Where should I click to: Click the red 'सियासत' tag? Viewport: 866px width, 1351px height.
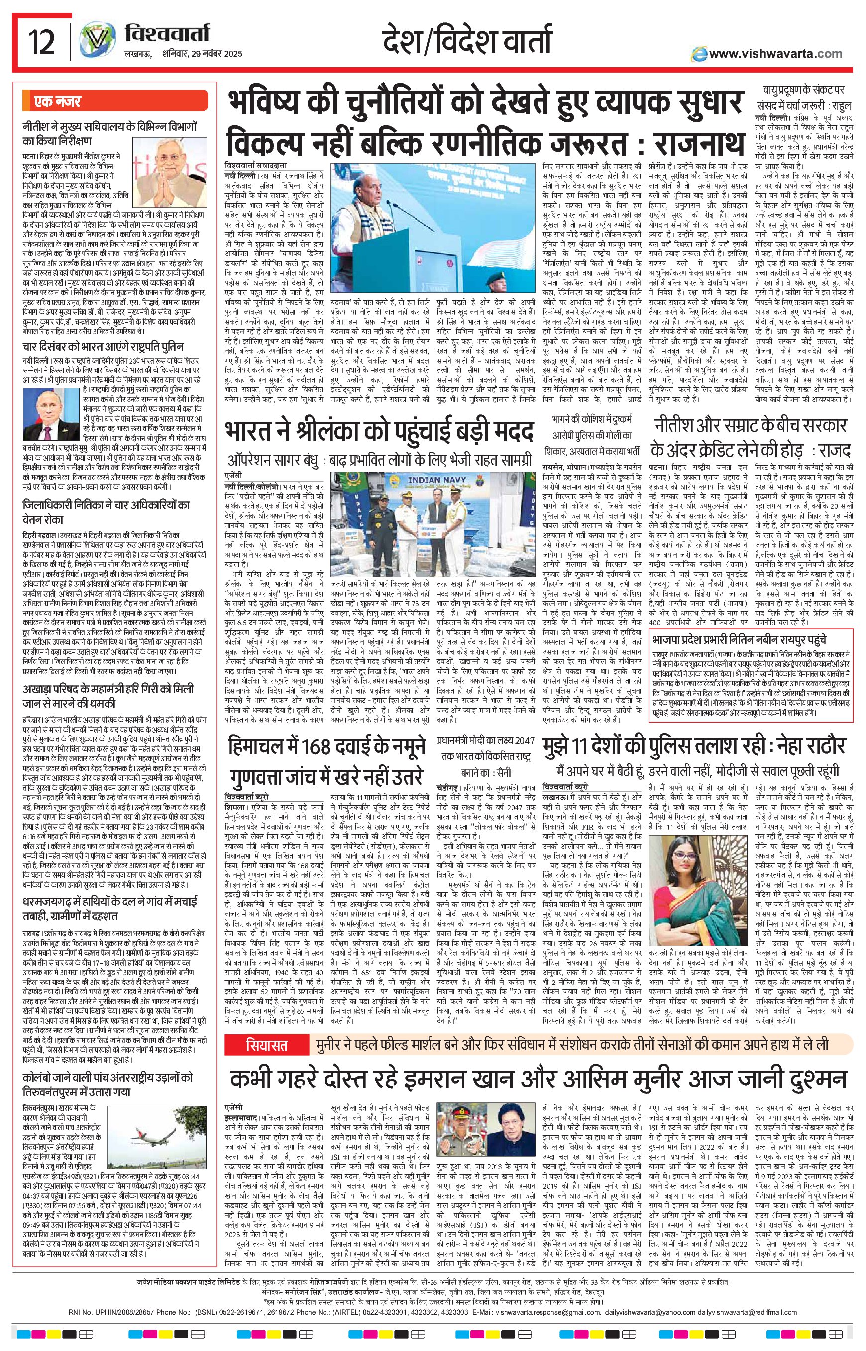267,1045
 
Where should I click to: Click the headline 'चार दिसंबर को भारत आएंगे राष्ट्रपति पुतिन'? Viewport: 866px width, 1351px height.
103,347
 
